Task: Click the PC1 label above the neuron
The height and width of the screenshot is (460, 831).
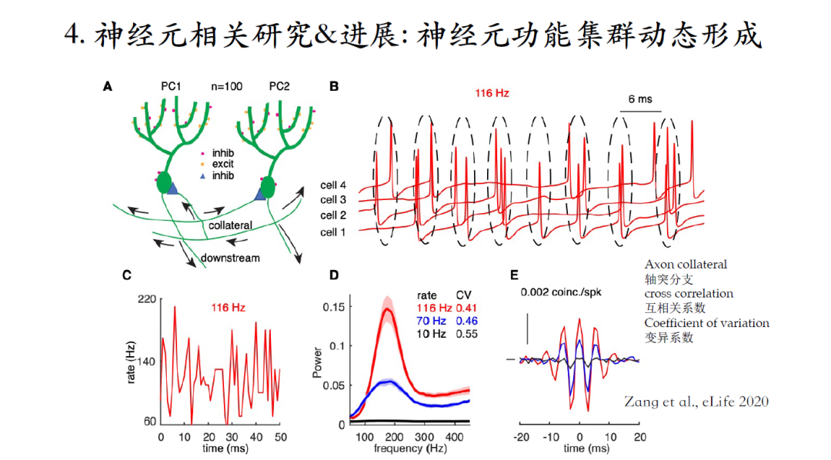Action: [170, 88]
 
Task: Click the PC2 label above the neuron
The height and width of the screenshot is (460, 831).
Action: [279, 88]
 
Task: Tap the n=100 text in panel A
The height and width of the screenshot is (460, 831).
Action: [226, 88]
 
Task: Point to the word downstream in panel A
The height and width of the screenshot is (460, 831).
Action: [231, 258]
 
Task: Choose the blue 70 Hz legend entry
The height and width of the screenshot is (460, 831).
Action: [432, 321]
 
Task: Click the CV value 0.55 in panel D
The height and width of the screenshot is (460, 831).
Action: [468, 335]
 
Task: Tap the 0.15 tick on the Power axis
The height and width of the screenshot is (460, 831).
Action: [332, 307]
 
